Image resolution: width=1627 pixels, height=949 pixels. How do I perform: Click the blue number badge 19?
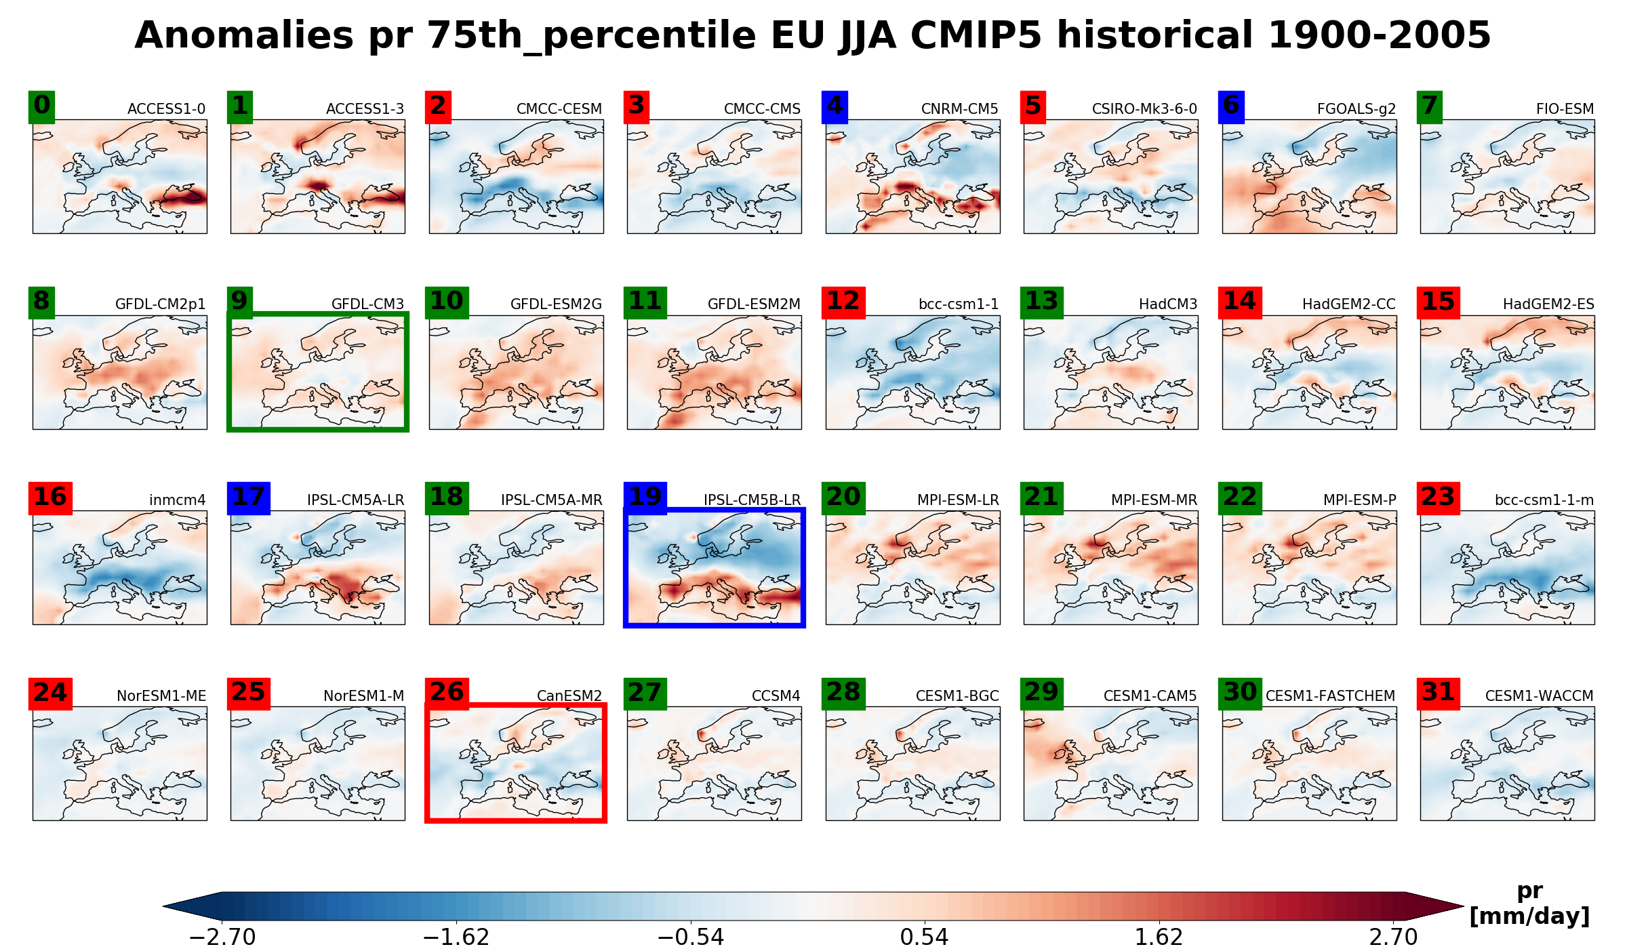pos(645,498)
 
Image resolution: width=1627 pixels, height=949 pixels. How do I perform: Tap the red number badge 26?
pos(447,693)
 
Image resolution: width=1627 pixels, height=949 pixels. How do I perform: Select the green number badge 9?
pos(240,302)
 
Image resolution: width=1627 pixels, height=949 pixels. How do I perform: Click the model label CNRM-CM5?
pos(959,109)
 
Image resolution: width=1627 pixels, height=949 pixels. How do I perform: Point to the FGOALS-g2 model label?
pos(1356,109)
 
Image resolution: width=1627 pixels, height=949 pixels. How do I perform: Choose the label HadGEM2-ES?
pos(1548,304)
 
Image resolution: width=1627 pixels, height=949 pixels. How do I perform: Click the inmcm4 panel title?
pos(177,500)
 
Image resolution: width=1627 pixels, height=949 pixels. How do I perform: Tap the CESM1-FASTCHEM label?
pos(1330,696)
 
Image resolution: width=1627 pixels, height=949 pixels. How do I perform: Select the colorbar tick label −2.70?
pos(222,937)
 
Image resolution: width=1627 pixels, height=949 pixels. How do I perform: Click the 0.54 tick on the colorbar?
pos(924,937)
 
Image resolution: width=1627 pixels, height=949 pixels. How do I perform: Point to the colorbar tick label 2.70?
pos(1393,937)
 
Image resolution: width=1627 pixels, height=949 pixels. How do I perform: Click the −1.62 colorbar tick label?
pos(456,937)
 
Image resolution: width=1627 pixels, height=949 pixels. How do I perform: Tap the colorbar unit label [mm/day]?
pos(1529,916)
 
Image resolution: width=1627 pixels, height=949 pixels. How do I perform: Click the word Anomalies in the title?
pos(244,35)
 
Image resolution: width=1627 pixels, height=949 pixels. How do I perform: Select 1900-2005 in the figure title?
pos(1379,35)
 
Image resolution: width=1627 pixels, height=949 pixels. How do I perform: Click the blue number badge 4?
pos(835,106)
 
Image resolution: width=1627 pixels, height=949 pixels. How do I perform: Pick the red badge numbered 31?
pos(1438,693)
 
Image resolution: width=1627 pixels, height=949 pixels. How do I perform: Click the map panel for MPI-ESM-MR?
pos(1110,567)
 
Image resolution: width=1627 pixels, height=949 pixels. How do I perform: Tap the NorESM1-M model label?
pos(363,696)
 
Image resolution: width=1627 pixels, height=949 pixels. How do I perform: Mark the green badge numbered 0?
pos(41,106)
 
